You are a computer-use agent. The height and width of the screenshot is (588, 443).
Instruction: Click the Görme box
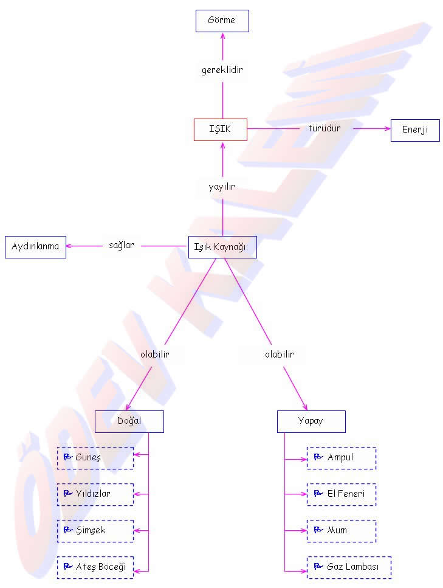pos(222,21)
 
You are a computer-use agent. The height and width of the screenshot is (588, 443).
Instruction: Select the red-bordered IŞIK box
pos(220,130)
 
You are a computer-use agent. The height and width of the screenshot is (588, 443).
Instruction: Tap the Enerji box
pos(414,130)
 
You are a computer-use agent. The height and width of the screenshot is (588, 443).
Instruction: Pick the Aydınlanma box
pos(35,247)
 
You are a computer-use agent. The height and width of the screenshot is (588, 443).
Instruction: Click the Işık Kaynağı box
pos(222,247)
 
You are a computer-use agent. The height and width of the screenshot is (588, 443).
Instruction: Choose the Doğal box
pos(129,421)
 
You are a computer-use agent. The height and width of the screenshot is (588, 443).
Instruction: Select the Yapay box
pos(311,421)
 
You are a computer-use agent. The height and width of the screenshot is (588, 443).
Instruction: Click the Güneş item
pos(95,458)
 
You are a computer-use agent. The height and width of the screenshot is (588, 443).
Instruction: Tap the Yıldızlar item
pos(95,494)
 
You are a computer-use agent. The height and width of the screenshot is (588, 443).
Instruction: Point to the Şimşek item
pos(95,531)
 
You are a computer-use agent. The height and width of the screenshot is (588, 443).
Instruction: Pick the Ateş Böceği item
pos(95,567)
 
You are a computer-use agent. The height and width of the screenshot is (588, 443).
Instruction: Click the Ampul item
pos(341,458)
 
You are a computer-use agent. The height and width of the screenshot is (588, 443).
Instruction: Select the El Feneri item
pos(341,494)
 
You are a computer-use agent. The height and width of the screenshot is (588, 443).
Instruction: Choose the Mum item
pos(341,531)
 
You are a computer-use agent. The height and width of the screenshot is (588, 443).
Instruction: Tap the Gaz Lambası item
pos(349,567)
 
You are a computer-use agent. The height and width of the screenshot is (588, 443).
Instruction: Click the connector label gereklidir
pos(222,70)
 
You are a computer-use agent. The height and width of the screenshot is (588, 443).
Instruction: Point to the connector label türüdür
pos(324,128)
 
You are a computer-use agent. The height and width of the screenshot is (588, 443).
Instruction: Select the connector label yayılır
pos(222,187)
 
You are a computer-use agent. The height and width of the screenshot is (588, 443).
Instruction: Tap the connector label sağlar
pos(121,245)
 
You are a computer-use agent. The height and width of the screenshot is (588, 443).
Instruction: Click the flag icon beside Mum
pos(318,530)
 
